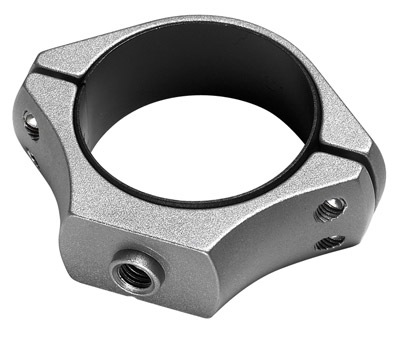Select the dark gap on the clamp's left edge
click(x=22, y=108)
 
